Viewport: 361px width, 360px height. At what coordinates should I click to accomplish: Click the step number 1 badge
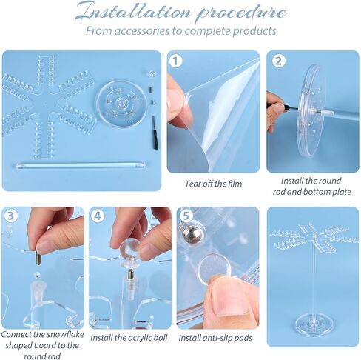point(175,61)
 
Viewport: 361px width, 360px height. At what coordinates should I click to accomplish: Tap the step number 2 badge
point(278,61)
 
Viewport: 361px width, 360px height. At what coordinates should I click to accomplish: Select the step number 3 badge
point(10,216)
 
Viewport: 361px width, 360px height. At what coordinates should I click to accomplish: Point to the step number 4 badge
point(98,216)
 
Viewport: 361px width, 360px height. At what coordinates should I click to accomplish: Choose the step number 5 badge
point(186,216)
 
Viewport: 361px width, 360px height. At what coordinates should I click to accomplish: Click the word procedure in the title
point(241,13)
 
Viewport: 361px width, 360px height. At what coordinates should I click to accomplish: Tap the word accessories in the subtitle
point(141,31)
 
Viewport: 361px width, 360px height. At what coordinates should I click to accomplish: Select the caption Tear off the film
point(214,184)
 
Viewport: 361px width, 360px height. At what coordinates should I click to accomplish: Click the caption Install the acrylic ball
point(129,338)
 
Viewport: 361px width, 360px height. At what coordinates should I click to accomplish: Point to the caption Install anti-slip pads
point(215,338)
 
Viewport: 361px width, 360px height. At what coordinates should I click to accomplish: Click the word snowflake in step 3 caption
point(65,334)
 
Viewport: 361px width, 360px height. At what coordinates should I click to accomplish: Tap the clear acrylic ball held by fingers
point(129,250)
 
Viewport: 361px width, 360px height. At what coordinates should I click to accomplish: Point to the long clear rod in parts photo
point(81,164)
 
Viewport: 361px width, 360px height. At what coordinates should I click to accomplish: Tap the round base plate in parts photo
point(121,103)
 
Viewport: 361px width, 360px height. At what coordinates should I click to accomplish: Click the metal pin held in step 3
point(38,258)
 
